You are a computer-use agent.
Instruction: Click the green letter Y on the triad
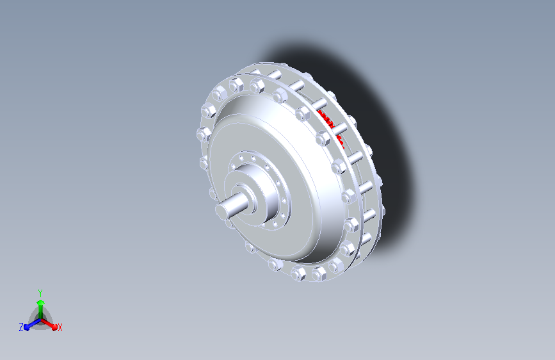pos(40,293)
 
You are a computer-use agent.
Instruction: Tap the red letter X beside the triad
pos(60,327)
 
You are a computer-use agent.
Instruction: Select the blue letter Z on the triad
pos(21,327)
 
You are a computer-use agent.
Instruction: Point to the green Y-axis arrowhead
pos(40,302)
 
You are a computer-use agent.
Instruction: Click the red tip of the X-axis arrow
pos(54,327)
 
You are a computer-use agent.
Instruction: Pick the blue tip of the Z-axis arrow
pos(27,327)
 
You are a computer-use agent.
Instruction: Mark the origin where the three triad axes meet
pos(40,320)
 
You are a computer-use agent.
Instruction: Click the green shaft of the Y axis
pos(40,312)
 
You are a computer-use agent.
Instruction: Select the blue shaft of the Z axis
pos(34,323)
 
